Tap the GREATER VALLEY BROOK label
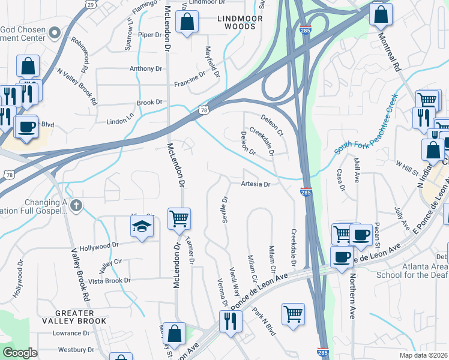(82, 317)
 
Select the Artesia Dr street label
(256, 184)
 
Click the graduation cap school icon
(142, 226)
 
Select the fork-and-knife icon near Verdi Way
(230, 321)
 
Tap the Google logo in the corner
(20, 353)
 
